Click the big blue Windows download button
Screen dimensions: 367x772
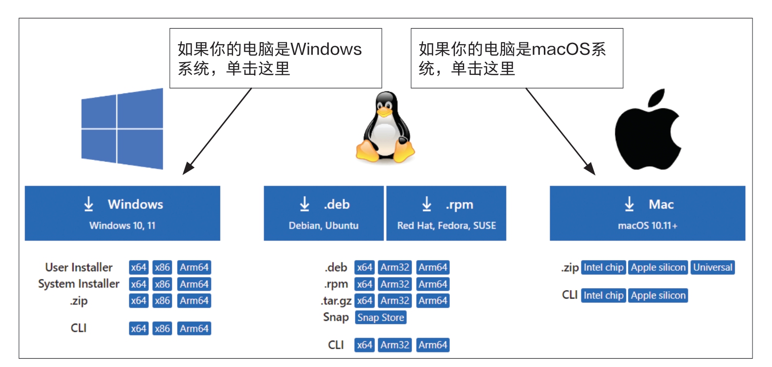122,213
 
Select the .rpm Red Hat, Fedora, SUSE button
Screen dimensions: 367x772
446,213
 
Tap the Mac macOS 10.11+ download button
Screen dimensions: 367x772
647,213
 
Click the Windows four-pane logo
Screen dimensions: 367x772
122,129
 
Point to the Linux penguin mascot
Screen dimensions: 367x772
385,128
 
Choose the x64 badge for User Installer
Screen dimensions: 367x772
138,267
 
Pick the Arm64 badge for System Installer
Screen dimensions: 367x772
194,284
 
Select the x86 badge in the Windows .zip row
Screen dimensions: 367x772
162,300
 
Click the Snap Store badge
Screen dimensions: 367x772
380,317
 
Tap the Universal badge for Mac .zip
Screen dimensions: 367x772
713,267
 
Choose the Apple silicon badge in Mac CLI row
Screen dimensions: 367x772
658,295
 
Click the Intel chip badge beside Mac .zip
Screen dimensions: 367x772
603,267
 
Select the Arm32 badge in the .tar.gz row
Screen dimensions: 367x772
395,300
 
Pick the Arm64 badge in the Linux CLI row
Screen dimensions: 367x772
433,345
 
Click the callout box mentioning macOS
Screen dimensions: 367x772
517,58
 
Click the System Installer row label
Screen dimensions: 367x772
79,284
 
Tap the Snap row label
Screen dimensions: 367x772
336,317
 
